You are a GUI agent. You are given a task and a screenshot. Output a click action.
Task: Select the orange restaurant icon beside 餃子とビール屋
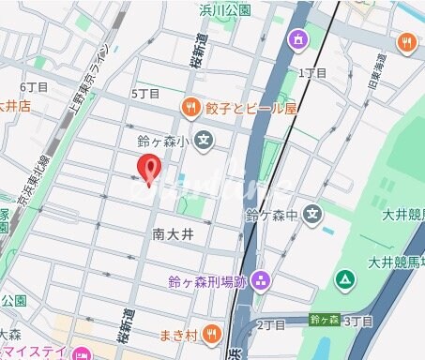(190, 107)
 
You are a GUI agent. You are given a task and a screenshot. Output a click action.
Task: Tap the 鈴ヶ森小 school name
(164, 142)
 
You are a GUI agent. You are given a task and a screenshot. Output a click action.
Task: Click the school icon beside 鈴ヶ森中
(314, 215)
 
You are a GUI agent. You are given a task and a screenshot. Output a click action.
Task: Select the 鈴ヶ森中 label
(272, 216)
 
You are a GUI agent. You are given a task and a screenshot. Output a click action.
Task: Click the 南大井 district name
(173, 232)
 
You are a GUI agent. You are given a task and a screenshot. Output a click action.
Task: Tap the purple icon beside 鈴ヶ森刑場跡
(261, 279)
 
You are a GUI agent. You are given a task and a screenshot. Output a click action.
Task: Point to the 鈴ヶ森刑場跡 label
(207, 279)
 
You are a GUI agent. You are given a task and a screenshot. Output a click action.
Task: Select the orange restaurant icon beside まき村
(213, 333)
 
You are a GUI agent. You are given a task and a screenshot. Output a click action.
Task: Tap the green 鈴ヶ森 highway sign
(325, 320)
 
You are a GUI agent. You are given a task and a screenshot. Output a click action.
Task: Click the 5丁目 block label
(145, 94)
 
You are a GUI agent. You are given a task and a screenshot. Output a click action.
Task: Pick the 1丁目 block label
(311, 72)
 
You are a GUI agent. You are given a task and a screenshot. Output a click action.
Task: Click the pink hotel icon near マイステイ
(81, 353)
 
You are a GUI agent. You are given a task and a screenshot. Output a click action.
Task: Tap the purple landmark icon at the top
(299, 40)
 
